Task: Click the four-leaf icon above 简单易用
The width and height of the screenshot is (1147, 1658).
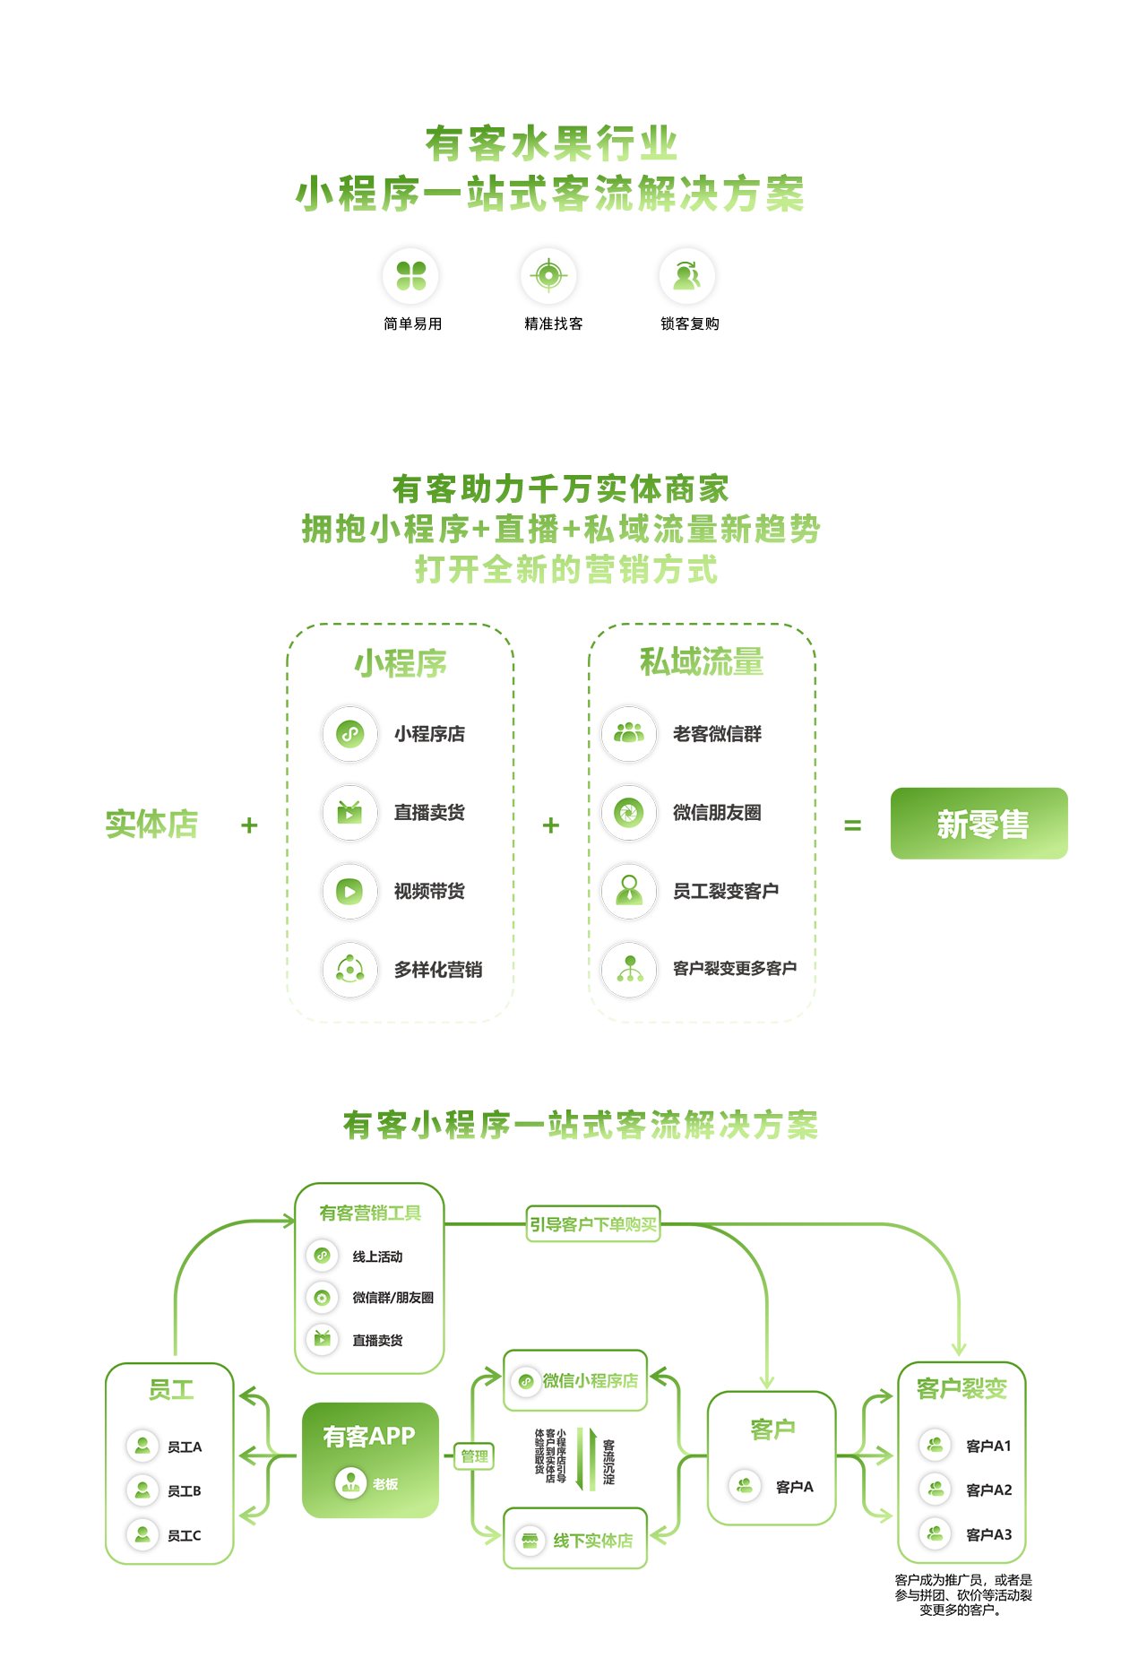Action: click(411, 276)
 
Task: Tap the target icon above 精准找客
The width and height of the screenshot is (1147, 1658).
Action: click(548, 275)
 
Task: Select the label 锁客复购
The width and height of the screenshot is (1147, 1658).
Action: click(689, 324)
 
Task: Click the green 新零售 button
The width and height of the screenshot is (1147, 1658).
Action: click(979, 824)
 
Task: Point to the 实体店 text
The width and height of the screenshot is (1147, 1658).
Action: click(151, 824)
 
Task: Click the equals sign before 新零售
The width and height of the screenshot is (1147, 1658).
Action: click(852, 825)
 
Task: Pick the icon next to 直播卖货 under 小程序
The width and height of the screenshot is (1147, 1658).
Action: click(349, 813)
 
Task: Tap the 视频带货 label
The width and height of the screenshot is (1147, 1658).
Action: click(429, 891)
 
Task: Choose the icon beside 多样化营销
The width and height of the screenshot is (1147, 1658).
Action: click(349, 969)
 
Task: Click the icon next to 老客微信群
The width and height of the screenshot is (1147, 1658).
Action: click(629, 734)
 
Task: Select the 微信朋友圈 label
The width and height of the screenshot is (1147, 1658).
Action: click(717, 813)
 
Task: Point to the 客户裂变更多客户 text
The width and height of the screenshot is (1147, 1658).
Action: click(734, 969)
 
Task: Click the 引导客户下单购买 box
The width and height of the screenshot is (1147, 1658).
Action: click(593, 1224)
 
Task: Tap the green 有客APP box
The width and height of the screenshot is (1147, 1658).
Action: click(370, 1460)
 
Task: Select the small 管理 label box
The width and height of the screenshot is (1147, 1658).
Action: click(474, 1456)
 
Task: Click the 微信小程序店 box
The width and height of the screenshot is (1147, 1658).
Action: click(575, 1381)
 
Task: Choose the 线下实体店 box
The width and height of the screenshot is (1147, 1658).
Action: click(575, 1540)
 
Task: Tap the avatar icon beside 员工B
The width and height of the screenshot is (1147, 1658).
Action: click(142, 1490)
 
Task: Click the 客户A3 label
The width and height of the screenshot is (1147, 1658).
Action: click(988, 1534)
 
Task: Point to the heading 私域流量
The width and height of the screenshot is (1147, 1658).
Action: click(702, 662)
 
